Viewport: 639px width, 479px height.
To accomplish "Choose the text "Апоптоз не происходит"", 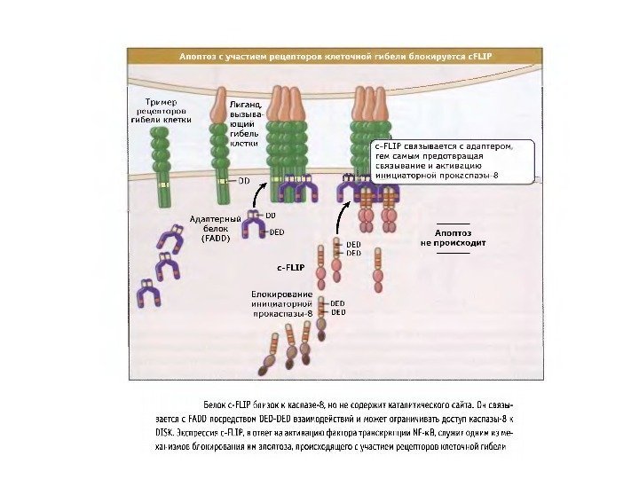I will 453,237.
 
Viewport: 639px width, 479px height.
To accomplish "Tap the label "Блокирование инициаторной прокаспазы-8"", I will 281,303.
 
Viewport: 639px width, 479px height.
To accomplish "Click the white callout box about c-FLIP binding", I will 452,161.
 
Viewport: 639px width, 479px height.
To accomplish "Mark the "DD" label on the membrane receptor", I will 243,180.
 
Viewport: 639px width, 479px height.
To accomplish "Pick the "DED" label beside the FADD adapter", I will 276,232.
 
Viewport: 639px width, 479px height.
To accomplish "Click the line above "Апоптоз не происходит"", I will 453,222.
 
